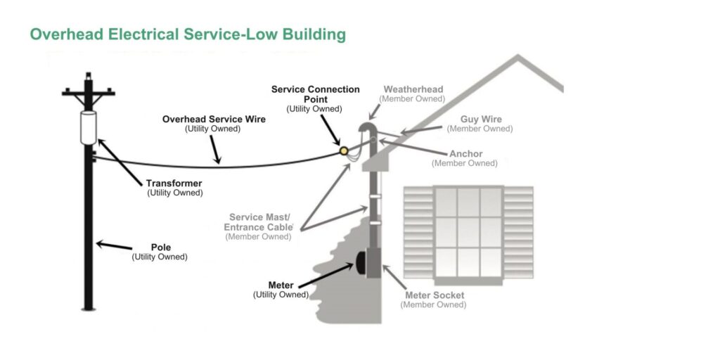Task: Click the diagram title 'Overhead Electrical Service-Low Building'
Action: pyautogui.click(x=187, y=34)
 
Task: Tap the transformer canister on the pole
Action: pyautogui.click(x=88, y=127)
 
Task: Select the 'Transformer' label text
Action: pyautogui.click(x=174, y=184)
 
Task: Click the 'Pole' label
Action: pyautogui.click(x=160, y=247)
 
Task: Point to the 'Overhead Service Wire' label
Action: pyautogui.click(x=214, y=120)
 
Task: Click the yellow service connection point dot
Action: pyautogui.click(x=344, y=150)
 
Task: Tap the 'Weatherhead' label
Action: pyautogui.click(x=413, y=90)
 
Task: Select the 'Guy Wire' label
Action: pyautogui.click(x=481, y=120)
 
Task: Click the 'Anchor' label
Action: pyautogui.click(x=465, y=154)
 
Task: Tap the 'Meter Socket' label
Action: pyautogui.click(x=434, y=295)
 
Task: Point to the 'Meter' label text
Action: pyautogui.click(x=281, y=285)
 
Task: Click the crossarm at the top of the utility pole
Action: pyautogui.click(x=88, y=92)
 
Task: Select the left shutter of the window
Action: pyautogui.click(x=418, y=231)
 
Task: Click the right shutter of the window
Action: pyautogui.click(x=518, y=231)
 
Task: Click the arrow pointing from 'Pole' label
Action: pyautogui.click(x=113, y=246)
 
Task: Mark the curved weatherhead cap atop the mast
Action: pyautogui.click(x=366, y=129)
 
